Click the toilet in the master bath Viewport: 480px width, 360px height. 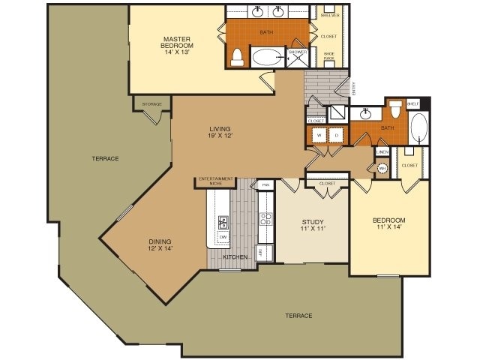tap(238, 57)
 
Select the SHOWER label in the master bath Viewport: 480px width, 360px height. tap(298, 52)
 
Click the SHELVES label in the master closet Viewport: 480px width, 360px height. tap(329, 15)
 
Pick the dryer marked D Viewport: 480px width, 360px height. tap(336, 135)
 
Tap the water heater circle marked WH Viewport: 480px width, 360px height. tap(381, 169)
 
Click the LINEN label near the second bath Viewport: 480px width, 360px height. tap(382, 153)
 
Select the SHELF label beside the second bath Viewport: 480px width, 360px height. tap(412, 103)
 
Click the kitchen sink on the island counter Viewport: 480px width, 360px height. tap(223, 221)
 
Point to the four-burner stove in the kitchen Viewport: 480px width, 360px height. tap(265, 219)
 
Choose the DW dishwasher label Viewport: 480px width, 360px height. tap(223, 238)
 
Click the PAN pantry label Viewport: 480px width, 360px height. tap(265, 184)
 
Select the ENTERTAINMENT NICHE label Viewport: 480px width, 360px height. tap(214, 180)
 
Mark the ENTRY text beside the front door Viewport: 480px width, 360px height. tap(355, 88)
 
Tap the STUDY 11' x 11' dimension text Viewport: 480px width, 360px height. tap(312, 226)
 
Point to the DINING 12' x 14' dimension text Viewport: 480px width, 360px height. tap(160, 244)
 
